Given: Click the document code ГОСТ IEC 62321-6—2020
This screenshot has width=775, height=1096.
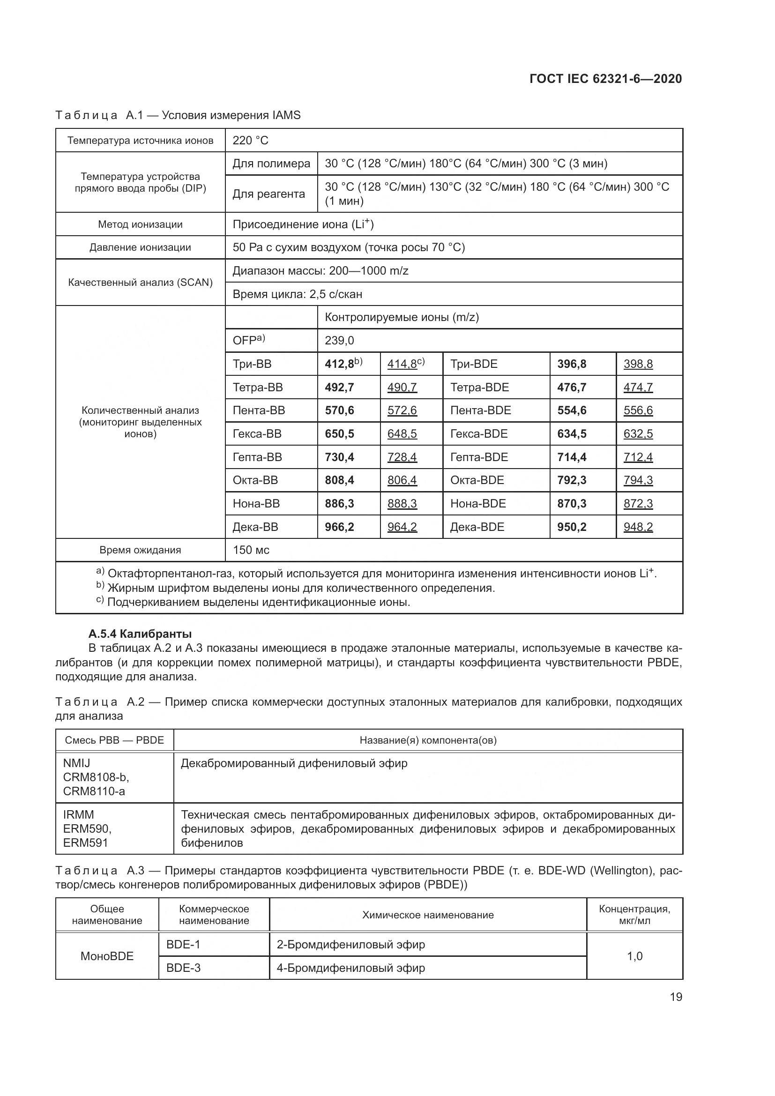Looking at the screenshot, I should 605,79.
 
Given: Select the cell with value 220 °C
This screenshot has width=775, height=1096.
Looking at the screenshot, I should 250,141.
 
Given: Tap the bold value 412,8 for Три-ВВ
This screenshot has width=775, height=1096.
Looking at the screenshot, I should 339,364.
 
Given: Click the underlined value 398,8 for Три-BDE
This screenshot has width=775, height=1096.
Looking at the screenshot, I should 638,364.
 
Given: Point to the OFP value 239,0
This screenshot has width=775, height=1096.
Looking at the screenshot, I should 339,341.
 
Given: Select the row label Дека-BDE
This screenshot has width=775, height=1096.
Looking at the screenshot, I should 477,527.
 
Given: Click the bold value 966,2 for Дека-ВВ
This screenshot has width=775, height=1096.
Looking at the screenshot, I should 339,527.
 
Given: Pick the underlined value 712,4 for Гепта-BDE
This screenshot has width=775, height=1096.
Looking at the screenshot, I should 638,457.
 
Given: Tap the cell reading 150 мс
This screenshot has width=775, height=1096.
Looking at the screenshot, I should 251,550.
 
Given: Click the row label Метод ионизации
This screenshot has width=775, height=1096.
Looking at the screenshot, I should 140,224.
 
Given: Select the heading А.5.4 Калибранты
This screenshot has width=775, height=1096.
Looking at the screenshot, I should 140,634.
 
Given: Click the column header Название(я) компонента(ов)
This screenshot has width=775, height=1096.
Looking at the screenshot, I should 428,740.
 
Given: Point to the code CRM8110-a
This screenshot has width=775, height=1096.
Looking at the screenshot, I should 94,791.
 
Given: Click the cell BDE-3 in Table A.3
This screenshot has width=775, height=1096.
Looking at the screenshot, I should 183,968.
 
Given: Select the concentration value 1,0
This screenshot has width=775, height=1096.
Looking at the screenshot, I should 634,956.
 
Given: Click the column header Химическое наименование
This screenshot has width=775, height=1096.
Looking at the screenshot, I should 428,915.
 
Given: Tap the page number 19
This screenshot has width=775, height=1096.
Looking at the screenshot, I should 676,997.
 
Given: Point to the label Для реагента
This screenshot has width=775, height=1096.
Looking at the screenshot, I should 268,194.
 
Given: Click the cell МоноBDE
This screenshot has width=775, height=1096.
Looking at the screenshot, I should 107,956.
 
